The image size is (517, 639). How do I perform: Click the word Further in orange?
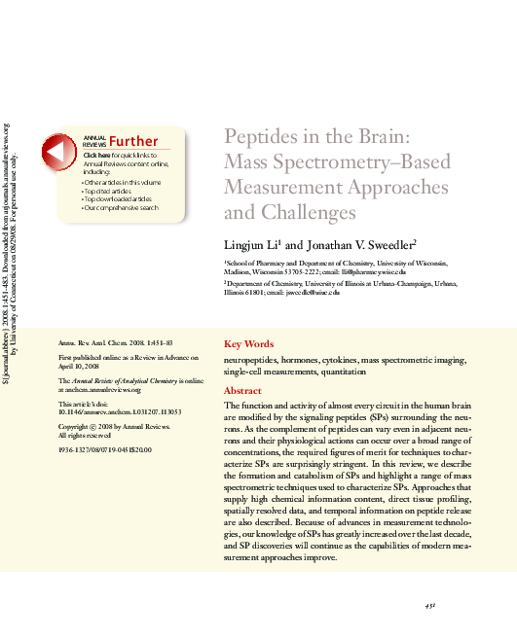coord(133,142)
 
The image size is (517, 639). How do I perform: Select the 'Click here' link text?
coord(97,156)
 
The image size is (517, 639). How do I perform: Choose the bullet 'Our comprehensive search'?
coord(122,207)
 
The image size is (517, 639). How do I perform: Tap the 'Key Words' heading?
coord(248,343)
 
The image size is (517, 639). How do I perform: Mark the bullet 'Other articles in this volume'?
coord(123,182)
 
